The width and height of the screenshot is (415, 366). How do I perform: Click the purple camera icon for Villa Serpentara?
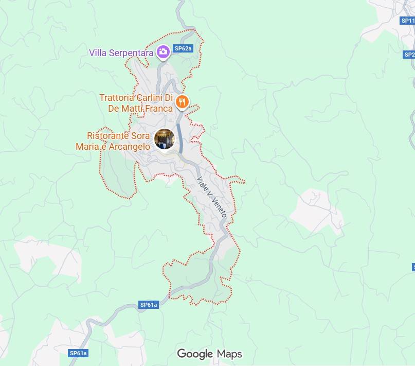coord(163,51)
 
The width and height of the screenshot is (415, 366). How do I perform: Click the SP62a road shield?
coord(183,48)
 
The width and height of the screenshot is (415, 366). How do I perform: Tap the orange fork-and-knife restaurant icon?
coord(181,101)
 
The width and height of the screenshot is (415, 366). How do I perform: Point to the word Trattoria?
coord(116,98)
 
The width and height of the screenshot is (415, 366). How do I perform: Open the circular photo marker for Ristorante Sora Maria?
coord(165,139)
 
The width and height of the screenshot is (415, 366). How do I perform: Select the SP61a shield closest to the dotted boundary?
coord(149,305)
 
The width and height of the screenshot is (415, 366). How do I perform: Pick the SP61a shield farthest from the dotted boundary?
coord(78,353)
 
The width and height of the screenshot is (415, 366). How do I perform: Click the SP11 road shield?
coord(407,21)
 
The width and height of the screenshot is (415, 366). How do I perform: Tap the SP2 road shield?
coord(409,55)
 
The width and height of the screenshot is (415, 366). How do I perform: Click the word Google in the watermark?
coord(195,354)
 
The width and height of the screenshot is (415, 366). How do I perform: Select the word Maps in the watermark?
coord(229,354)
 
